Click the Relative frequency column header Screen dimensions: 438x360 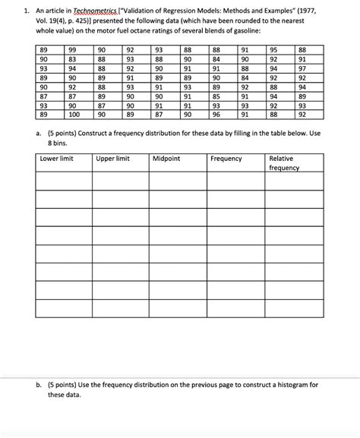(285, 162)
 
